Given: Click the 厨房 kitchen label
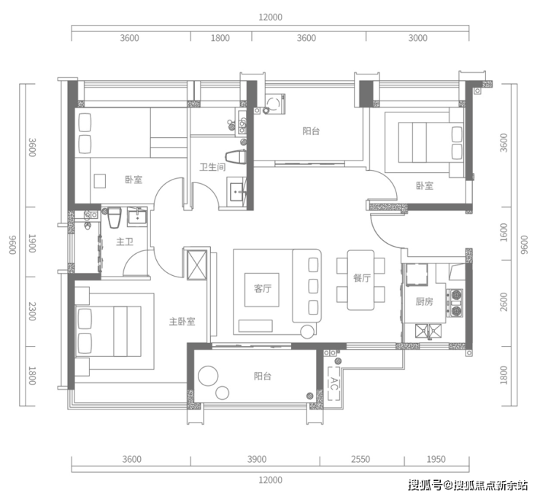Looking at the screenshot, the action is [x=424, y=301].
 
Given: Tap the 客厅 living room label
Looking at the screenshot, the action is [x=263, y=288].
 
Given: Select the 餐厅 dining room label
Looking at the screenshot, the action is [x=362, y=278].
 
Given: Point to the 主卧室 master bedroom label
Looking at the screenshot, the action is [x=182, y=321].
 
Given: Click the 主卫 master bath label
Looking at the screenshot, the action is [x=125, y=242].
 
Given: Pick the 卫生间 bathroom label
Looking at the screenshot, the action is [x=212, y=167].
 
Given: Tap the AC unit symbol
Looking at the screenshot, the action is [x=333, y=383].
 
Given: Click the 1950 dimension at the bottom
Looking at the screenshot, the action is [x=436, y=459].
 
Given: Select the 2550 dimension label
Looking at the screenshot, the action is [x=360, y=459].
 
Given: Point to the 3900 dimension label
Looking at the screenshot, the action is [x=257, y=459].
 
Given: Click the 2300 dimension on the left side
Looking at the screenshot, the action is [x=32, y=311].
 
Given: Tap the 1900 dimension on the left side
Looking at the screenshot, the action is [x=32, y=243].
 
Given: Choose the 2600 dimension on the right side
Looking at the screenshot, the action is [x=504, y=301].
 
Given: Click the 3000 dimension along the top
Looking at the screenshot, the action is [x=417, y=38].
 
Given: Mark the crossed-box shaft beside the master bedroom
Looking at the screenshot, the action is [x=196, y=265].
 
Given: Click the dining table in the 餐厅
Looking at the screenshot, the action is [x=360, y=280].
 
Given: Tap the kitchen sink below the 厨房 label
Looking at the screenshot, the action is [x=428, y=331].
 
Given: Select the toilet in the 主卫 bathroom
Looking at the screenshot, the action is [x=115, y=217].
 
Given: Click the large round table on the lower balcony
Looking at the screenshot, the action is [x=209, y=375].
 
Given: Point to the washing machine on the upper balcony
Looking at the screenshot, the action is [x=274, y=104].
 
